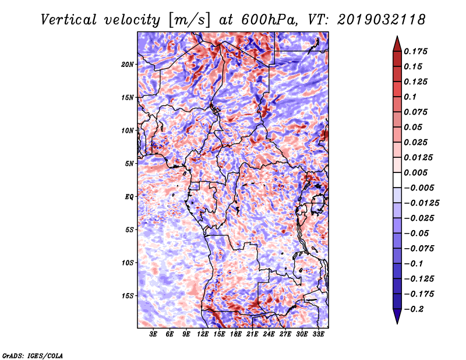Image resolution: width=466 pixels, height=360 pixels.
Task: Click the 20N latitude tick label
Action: [128, 65]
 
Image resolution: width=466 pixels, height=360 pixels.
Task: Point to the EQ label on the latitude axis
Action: [129, 197]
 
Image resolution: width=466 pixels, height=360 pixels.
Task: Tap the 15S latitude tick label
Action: [128, 296]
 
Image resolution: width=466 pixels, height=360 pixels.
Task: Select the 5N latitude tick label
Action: [129, 164]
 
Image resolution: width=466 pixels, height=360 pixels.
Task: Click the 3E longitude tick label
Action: [153, 334]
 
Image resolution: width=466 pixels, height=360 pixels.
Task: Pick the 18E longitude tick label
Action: [236, 334]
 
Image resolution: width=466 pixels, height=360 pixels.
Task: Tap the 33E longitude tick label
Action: [318, 334]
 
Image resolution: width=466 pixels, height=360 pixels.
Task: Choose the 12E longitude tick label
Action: [203, 334]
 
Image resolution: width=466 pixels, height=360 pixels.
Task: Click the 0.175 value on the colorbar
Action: [415, 51]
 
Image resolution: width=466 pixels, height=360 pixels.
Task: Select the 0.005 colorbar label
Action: [415, 172]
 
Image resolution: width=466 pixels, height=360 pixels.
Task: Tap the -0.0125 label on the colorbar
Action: [421, 203]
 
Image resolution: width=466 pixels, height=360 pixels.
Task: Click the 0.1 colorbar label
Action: [410, 97]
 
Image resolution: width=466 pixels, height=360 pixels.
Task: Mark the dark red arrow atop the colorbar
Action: [397, 44]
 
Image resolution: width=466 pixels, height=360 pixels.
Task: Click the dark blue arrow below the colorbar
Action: [397, 316]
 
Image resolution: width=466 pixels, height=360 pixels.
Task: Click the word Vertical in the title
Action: [69, 20]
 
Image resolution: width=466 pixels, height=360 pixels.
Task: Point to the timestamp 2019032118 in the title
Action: [381, 20]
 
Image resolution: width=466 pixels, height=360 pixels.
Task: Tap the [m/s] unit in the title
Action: [189, 20]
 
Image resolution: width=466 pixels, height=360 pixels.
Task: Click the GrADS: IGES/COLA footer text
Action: [33, 355]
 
